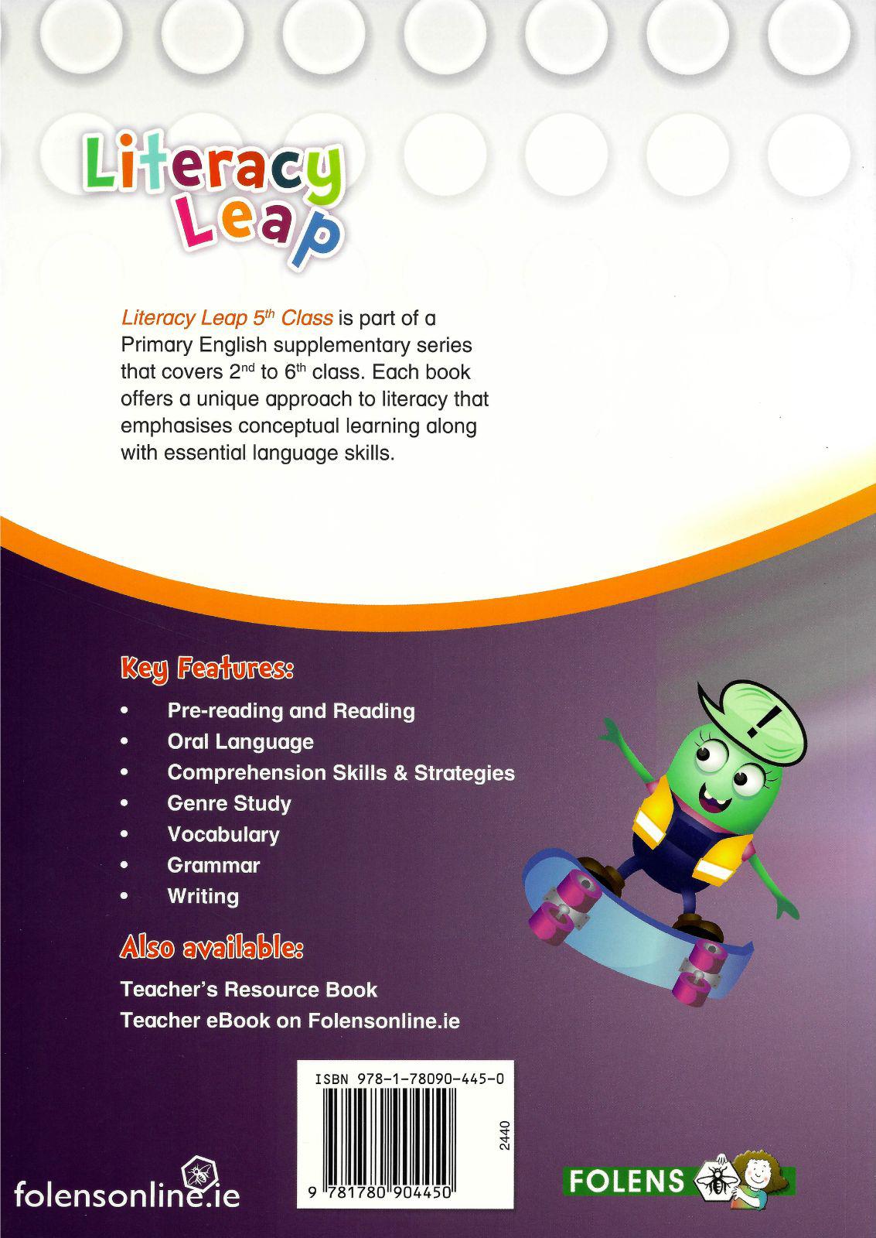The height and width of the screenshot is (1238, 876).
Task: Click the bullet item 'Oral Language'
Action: coord(240,741)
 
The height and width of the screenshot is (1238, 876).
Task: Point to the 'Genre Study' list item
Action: coord(229,803)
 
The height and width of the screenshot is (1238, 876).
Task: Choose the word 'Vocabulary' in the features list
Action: coord(223,834)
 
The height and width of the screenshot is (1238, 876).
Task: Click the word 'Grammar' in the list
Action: coord(213,865)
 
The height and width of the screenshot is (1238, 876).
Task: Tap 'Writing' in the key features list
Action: coord(203,896)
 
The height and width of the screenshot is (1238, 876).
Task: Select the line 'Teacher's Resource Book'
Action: coord(249,990)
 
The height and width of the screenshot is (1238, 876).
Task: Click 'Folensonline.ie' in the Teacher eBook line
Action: coord(383,1021)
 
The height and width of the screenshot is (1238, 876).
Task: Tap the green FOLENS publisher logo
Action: coord(627,1181)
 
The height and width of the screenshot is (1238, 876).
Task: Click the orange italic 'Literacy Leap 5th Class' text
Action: coord(227,317)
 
